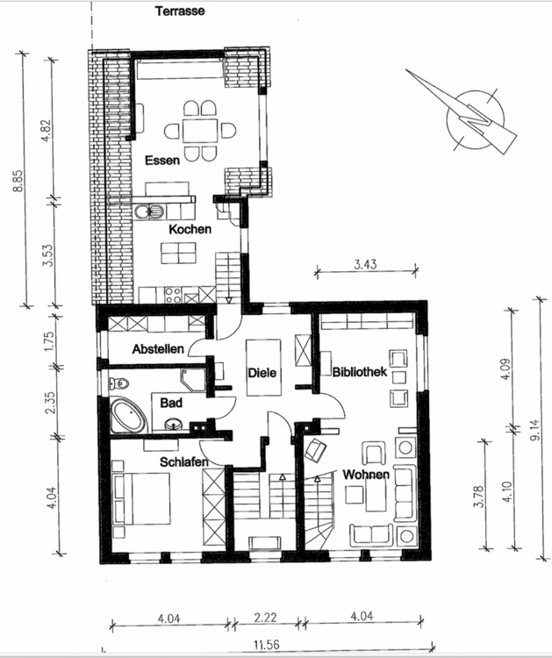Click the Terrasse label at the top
tap(181, 12)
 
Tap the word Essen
tap(164, 161)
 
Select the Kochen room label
tap(190, 229)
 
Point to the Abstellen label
tap(158, 349)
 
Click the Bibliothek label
tap(360, 372)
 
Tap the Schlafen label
tap(183, 461)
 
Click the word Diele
tap(262, 373)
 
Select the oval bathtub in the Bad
tap(128, 415)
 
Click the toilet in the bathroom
tap(118, 383)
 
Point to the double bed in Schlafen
tap(140, 497)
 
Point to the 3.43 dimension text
tap(365, 263)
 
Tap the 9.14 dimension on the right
tap(537, 430)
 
